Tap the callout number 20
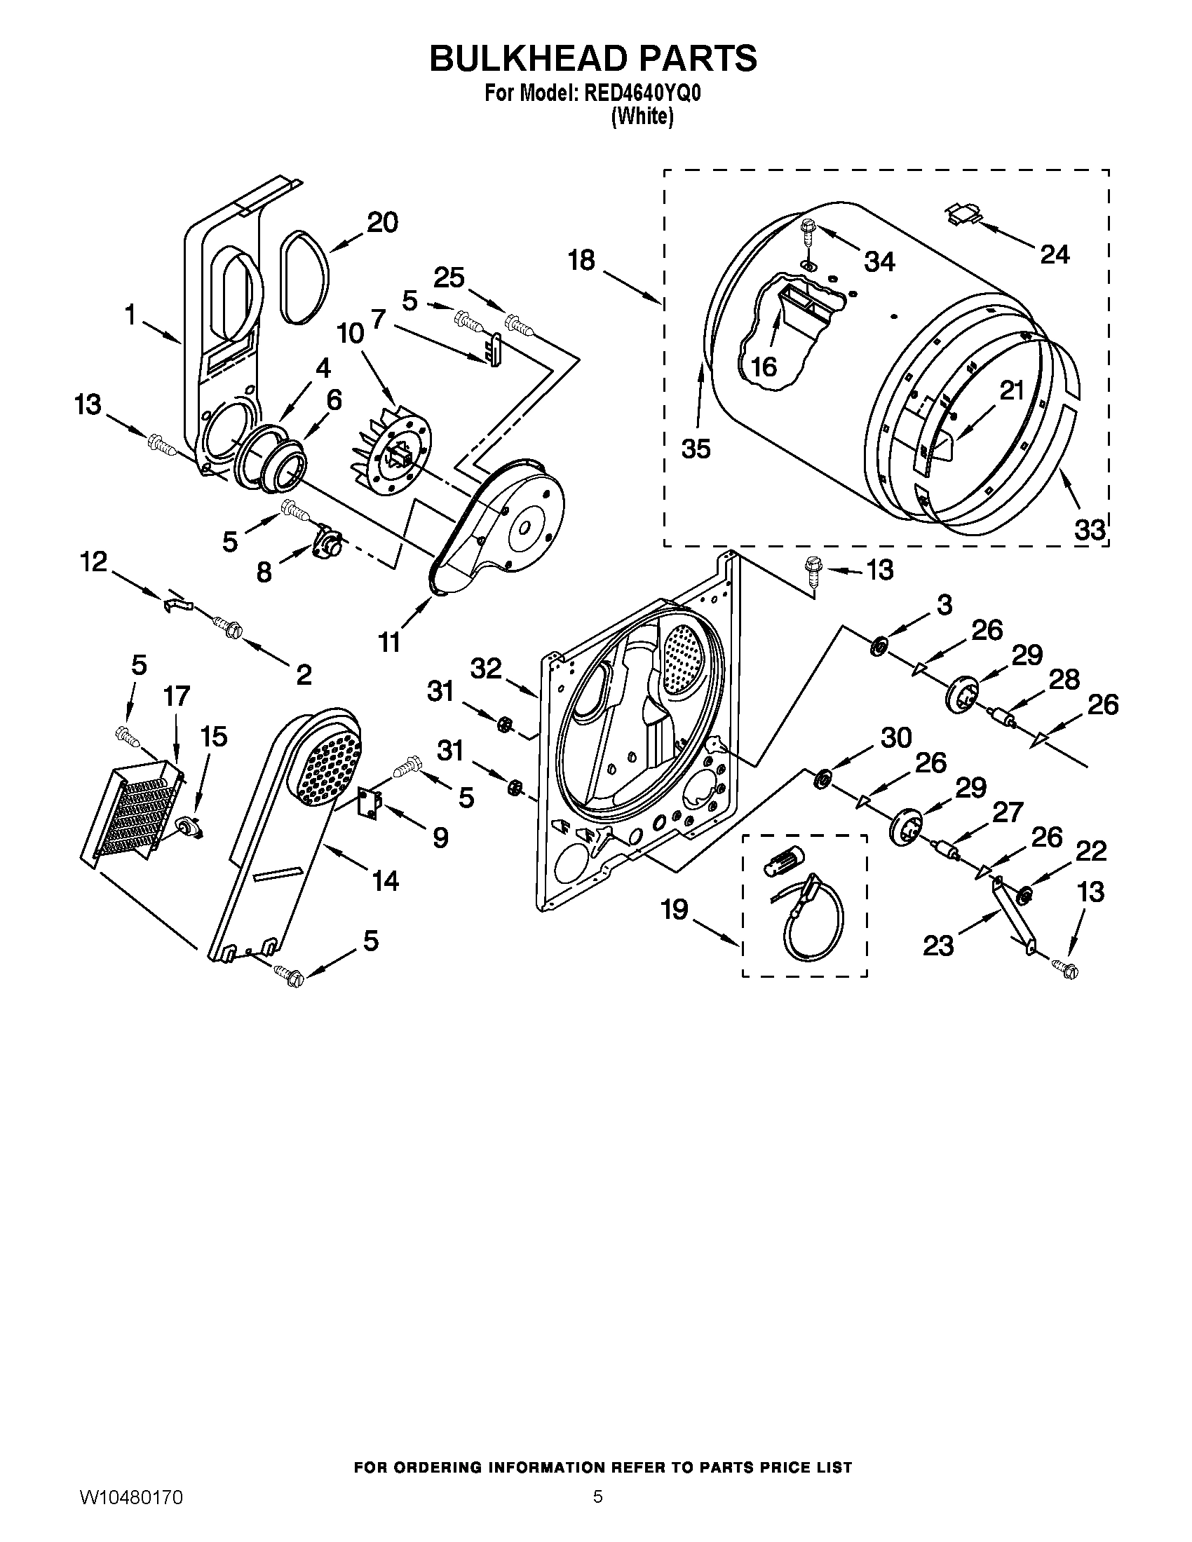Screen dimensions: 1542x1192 (382, 223)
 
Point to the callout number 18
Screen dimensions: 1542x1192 (582, 261)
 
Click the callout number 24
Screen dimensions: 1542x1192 (1055, 255)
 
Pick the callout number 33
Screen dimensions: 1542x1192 (1089, 528)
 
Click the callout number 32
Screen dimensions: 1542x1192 (486, 668)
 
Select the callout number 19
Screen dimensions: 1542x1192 (675, 909)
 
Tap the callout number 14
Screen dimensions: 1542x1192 (385, 880)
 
